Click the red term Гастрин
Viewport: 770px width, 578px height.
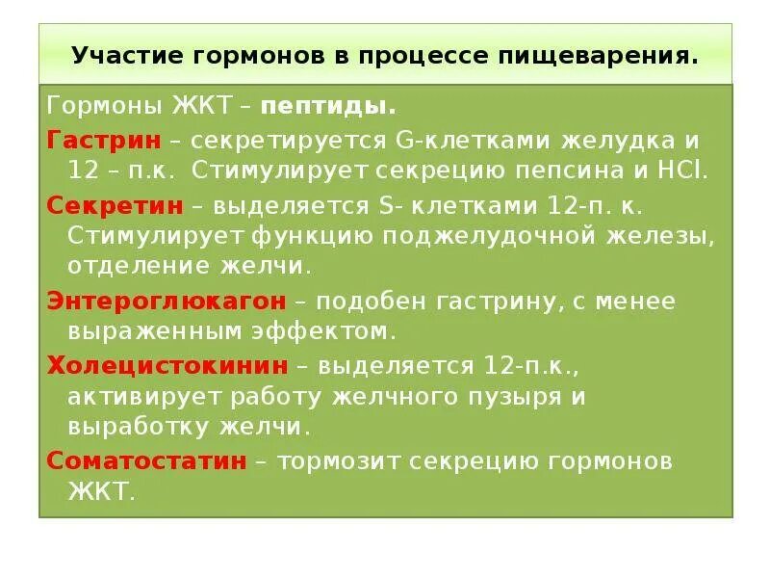[104, 140]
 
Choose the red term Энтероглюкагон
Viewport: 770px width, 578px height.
[167, 302]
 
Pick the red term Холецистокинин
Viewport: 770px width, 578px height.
[167, 366]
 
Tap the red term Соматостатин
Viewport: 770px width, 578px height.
[147, 460]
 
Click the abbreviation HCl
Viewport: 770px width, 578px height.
[684, 171]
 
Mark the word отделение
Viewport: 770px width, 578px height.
[141, 266]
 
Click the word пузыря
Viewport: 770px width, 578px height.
[536, 396]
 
